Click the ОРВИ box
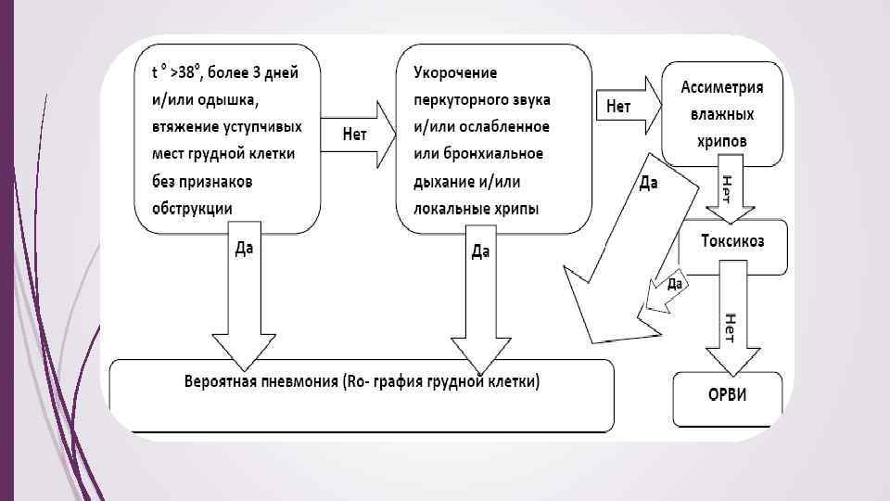[x=728, y=397]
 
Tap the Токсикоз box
[x=732, y=244]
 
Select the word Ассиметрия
[x=722, y=87]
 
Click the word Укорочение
[x=455, y=72]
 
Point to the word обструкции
[x=193, y=207]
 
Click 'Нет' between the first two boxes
[x=355, y=135]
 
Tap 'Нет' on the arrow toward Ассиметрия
[x=618, y=107]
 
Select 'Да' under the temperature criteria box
[x=244, y=249]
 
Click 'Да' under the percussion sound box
[x=480, y=251]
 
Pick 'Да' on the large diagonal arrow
[x=649, y=183]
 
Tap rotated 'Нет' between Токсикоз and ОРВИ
[x=730, y=328]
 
